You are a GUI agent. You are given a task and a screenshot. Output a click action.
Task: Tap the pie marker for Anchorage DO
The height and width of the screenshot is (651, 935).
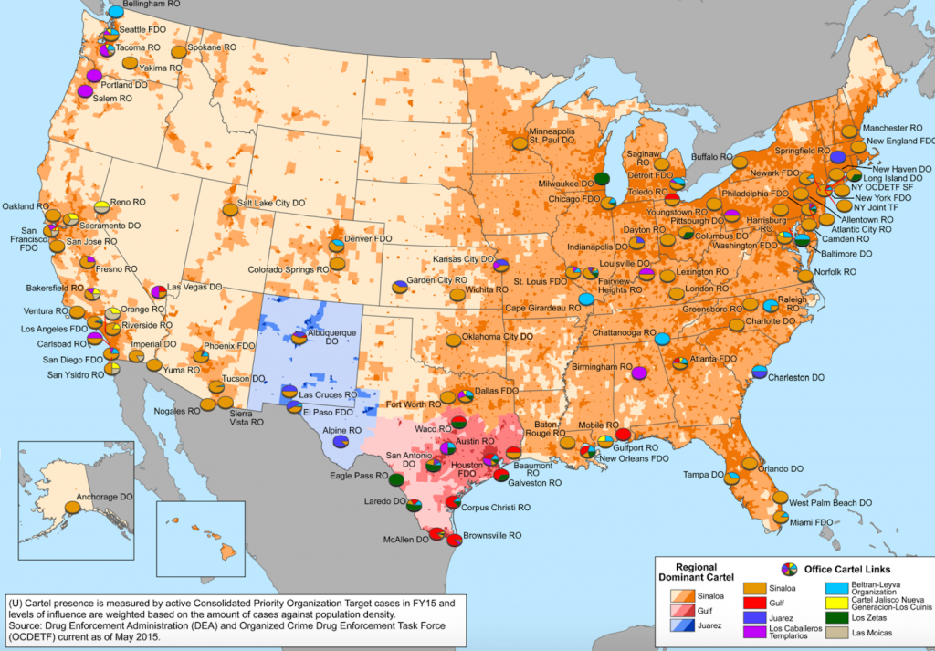71,506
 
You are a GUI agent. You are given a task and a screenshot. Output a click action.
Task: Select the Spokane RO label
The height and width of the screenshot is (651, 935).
211,47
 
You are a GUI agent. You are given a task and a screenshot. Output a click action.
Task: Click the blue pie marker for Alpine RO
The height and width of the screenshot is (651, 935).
340,441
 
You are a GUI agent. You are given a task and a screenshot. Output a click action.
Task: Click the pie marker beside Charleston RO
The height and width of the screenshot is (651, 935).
759,372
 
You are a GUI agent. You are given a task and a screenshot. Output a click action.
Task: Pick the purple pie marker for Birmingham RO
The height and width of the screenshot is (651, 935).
638,373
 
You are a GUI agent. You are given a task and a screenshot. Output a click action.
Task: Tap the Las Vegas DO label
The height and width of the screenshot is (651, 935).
196,287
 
